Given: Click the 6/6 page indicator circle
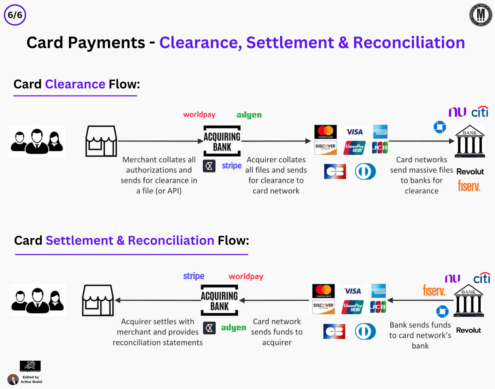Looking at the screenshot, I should (15, 15).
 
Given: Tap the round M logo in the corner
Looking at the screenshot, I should (481, 15).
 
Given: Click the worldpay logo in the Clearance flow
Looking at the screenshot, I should (199, 115).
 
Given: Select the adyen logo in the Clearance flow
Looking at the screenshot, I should (249, 115).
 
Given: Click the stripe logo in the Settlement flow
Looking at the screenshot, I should (194, 276).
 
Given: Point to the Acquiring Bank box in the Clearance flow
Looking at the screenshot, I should (222, 141).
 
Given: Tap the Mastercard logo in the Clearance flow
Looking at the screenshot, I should (326, 132).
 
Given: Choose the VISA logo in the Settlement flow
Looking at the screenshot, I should (353, 291).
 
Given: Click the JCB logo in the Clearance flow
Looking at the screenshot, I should (380, 147).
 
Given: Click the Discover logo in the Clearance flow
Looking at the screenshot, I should (325, 147).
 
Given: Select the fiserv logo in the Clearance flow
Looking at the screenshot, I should (469, 186).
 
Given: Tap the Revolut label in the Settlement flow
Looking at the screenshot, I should (468, 330).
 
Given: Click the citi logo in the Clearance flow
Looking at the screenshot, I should (480, 112).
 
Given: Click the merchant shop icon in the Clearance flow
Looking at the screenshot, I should (101, 141).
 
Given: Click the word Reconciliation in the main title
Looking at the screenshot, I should (409, 43).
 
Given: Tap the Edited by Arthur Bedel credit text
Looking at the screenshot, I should (31, 379).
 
